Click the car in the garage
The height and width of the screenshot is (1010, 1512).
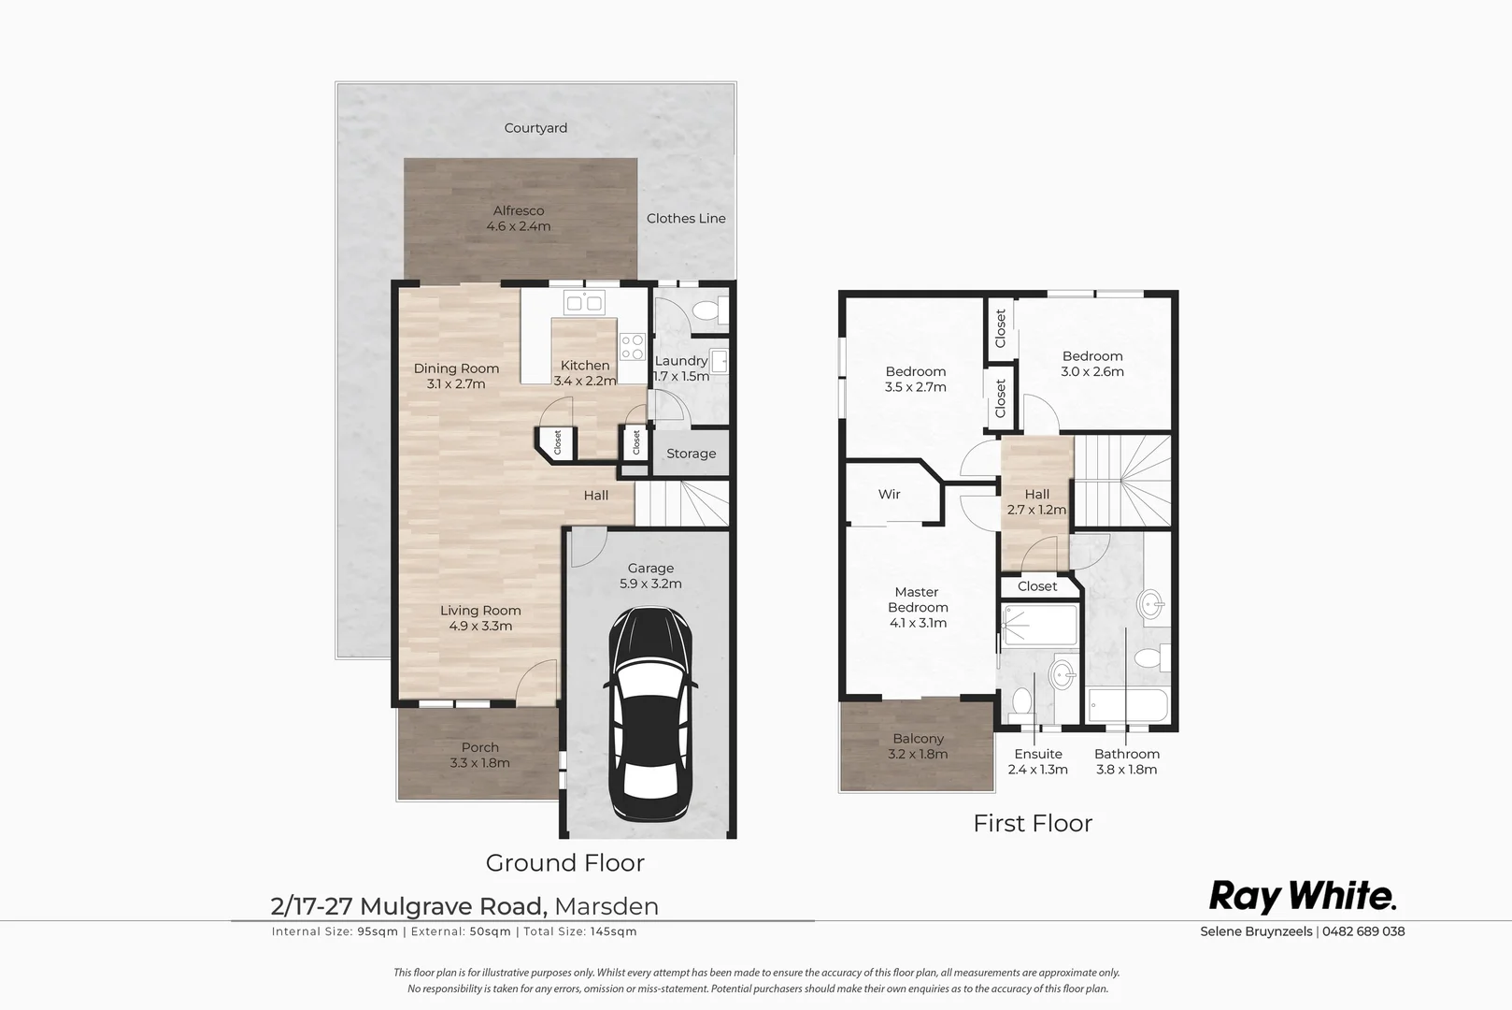pos(650,714)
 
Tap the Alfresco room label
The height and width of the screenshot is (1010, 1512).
pos(519,210)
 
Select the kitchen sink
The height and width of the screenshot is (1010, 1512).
pos(585,303)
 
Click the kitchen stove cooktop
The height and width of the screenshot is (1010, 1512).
pos(633,347)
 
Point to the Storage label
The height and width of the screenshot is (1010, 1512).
pos(692,454)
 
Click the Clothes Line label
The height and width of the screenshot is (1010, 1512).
pos(686,218)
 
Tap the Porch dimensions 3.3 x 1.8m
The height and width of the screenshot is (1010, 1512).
pos(480,763)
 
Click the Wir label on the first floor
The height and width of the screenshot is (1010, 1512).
pos(889,494)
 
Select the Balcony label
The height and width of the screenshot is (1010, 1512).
pos(918,739)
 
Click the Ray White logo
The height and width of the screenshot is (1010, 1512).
pos(1302,897)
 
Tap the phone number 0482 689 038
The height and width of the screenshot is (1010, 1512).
pos(1363,931)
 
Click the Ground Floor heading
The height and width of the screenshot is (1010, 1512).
pos(565,863)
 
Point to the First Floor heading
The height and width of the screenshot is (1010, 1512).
pos(1033,824)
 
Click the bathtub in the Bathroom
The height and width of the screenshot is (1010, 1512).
pos(1127,706)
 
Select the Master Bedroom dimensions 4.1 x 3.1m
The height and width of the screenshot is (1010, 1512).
pos(918,623)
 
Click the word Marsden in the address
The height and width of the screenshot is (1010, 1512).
pos(606,906)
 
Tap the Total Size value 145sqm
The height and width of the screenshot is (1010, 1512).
pos(614,931)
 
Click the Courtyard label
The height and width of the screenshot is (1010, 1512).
pos(535,128)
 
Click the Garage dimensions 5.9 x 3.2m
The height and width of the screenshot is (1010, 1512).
pos(650,584)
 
